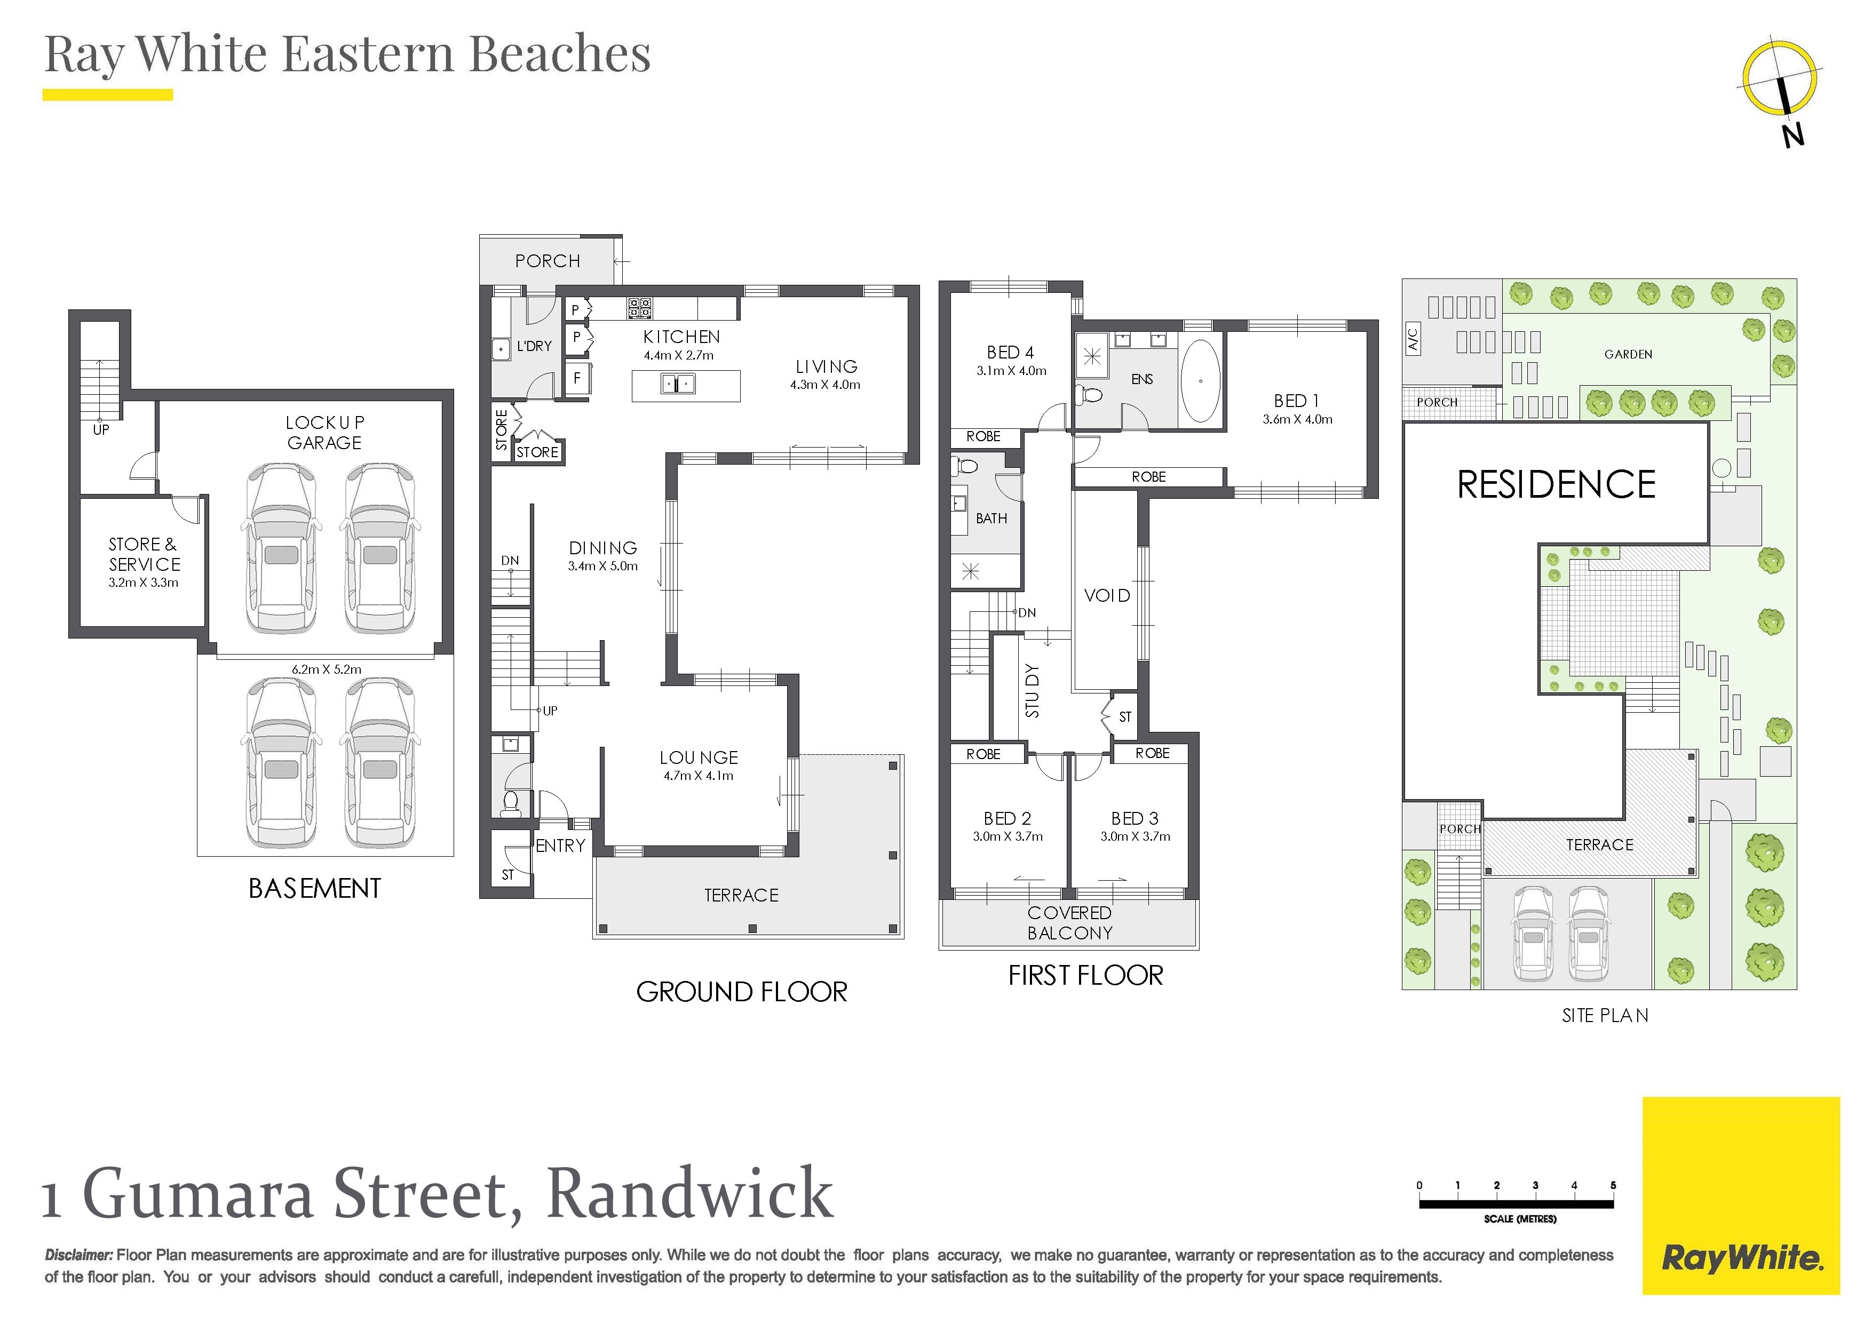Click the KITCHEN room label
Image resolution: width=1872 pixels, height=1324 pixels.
tap(681, 337)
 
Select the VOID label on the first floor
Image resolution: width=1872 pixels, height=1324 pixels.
tap(1106, 596)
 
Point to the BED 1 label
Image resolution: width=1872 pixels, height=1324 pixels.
tap(1296, 401)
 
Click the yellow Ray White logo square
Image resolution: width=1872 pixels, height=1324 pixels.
tap(1741, 1195)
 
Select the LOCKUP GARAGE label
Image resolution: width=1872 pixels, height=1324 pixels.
tap(324, 432)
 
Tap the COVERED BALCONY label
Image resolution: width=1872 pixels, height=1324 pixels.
tap(1070, 923)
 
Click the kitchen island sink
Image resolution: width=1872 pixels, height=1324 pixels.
tap(678, 383)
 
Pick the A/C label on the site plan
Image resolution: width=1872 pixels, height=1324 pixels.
tap(1413, 338)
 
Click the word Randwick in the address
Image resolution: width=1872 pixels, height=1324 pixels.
tap(690, 1193)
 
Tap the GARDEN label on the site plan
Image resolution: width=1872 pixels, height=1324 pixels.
tap(1628, 355)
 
